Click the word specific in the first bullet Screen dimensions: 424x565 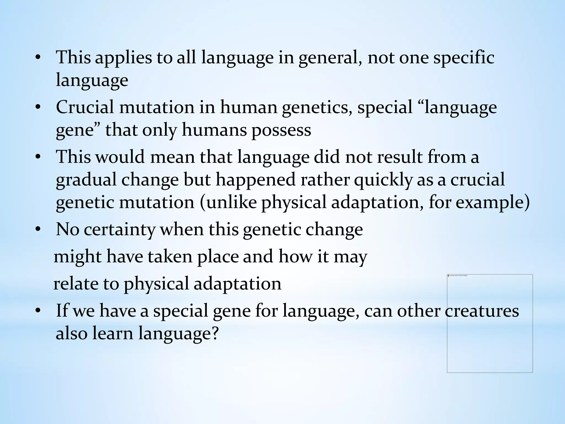coord(463,58)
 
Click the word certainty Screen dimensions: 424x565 coord(119,230)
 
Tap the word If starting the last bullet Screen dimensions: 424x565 coord(62,311)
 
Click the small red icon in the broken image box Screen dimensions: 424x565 coord(448,275)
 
